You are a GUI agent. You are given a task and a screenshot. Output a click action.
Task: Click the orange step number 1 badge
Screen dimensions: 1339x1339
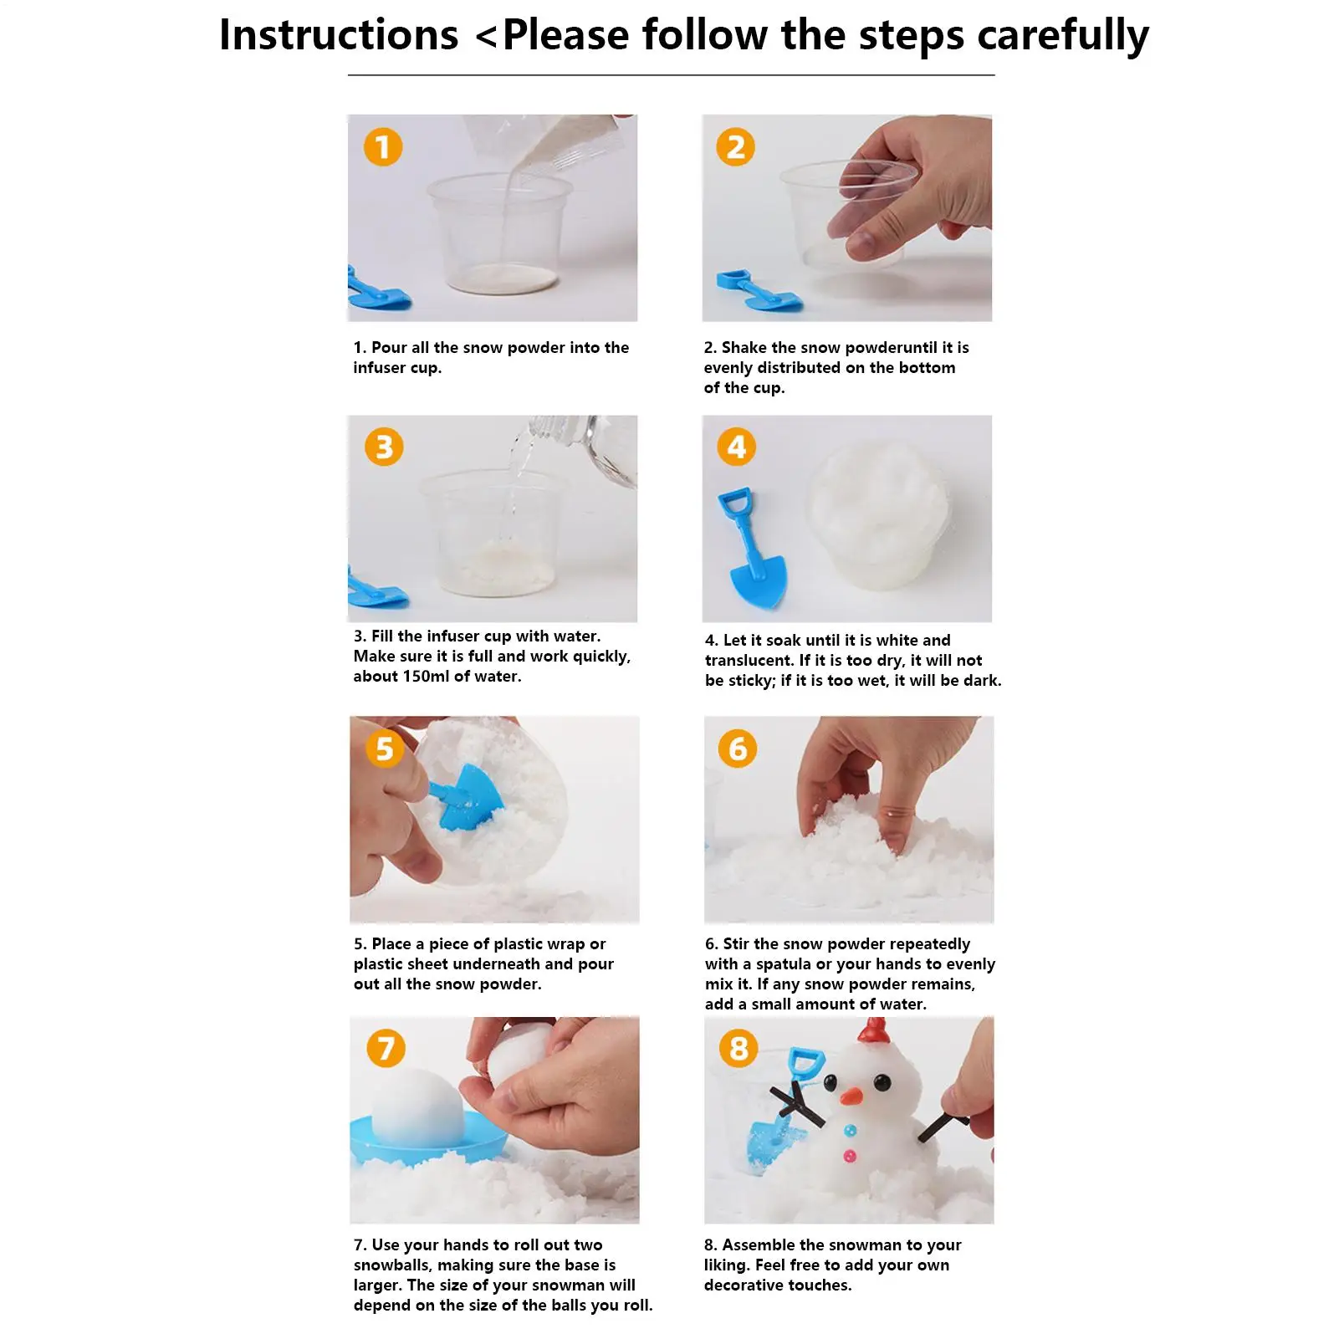[383, 147]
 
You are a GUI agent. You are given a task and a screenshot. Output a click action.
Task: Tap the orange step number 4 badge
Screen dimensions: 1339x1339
[737, 447]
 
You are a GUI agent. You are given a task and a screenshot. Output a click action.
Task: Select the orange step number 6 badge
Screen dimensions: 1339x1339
[738, 749]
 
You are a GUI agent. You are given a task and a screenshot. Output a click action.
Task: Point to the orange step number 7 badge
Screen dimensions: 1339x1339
[386, 1048]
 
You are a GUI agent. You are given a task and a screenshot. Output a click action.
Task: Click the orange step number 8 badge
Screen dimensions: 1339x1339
[738, 1048]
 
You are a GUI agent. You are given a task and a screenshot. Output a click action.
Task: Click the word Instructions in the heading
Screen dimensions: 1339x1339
[339, 35]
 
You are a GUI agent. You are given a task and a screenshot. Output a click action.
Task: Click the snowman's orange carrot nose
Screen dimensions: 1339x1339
[852, 1094]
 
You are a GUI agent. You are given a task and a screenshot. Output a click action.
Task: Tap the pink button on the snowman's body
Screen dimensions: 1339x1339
[851, 1157]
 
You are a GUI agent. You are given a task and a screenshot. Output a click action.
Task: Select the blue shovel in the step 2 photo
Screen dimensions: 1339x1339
[759, 290]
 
